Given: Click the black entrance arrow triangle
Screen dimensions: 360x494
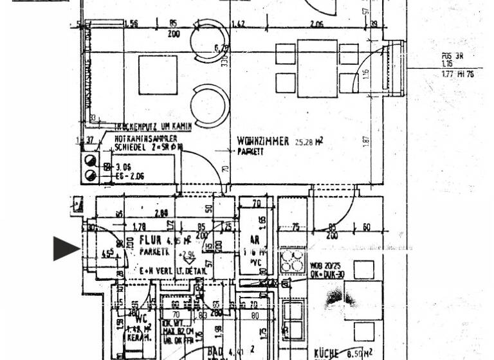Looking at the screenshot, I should pyautogui.click(x=66, y=248).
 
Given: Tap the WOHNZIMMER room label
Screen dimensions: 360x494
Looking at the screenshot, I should pyautogui.click(x=263, y=141).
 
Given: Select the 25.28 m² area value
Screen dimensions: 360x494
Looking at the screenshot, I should pyautogui.click(x=309, y=142).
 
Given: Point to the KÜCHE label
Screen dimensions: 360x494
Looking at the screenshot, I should pyautogui.click(x=326, y=354).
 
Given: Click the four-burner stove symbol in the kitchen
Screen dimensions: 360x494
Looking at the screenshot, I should pyautogui.click(x=293, y=261).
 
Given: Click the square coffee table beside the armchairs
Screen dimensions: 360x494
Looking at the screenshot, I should pyautogui.click(x=158, y=75).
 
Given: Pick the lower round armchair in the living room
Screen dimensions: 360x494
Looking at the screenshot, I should pyautogui.click(x=210, y=106).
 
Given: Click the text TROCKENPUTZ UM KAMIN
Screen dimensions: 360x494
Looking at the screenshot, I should pyautogui.click(x=152, y=127).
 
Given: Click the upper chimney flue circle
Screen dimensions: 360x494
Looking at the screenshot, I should pyautogui.click(x=89, y=161).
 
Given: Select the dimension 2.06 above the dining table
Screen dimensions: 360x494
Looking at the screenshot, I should pyautogui.click(x=316, y=24).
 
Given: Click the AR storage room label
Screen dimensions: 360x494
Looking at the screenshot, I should pyautogui.click(x=255, y=240).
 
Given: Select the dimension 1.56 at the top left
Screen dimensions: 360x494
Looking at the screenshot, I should pyautogui.click(x=131, y=24).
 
